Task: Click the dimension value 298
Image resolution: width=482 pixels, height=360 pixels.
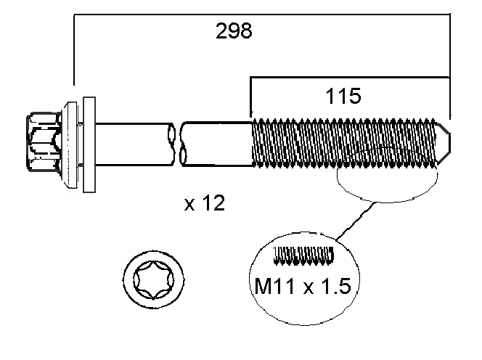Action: click(234, 31)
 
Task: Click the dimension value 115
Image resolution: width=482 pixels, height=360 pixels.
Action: click(343, 97)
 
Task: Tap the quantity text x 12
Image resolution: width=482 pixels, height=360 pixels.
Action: click(204, 204)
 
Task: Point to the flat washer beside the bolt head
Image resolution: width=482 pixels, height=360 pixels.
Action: click(89, 143)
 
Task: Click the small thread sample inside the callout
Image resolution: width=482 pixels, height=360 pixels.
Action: click(304, 255)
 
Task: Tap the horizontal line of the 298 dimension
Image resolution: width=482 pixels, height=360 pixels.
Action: click(261, 15)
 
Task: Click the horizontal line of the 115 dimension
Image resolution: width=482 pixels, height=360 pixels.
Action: click(348, 75)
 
